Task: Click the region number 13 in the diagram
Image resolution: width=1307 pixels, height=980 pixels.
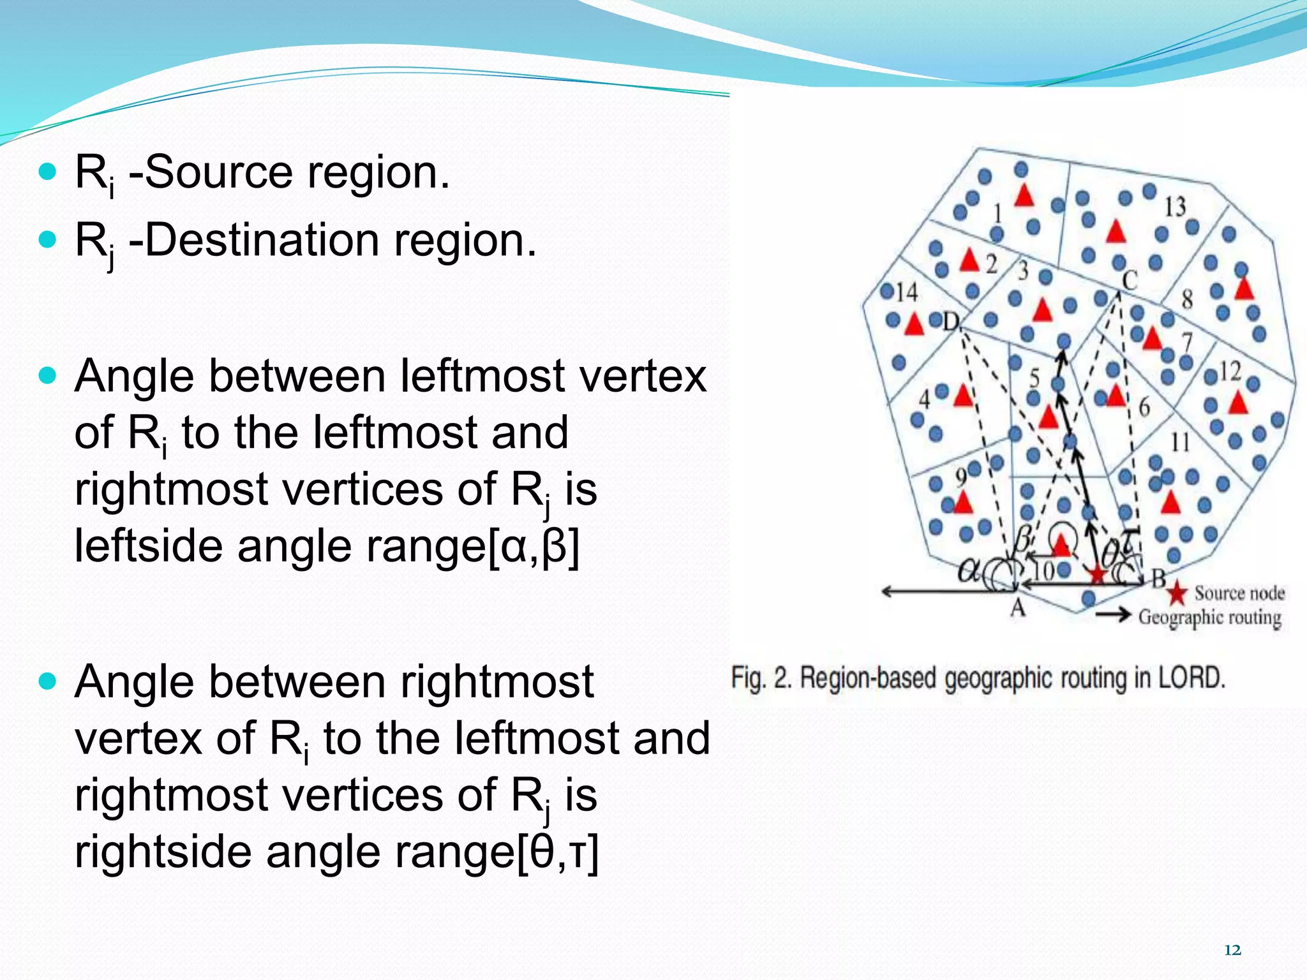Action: click(1175, 207)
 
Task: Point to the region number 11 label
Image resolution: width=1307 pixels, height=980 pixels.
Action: click(1179, 441)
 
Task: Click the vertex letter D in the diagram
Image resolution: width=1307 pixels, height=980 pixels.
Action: click(951, 322)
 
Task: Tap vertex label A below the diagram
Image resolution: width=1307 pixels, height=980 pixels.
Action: click(1018, 608)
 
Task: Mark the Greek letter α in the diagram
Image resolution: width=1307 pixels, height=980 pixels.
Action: click(969, 570)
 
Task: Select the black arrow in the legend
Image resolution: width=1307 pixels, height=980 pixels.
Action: click(1113, 615)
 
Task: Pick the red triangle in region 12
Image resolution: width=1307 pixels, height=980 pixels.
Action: click(1238, 403)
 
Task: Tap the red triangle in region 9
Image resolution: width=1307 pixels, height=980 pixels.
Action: click(962, 502)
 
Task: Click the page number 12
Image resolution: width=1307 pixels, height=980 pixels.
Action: click(1232, 951)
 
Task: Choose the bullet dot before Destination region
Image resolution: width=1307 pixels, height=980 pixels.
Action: click(48, 240)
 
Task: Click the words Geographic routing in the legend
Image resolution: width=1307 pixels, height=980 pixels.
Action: click(1209, 618)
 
